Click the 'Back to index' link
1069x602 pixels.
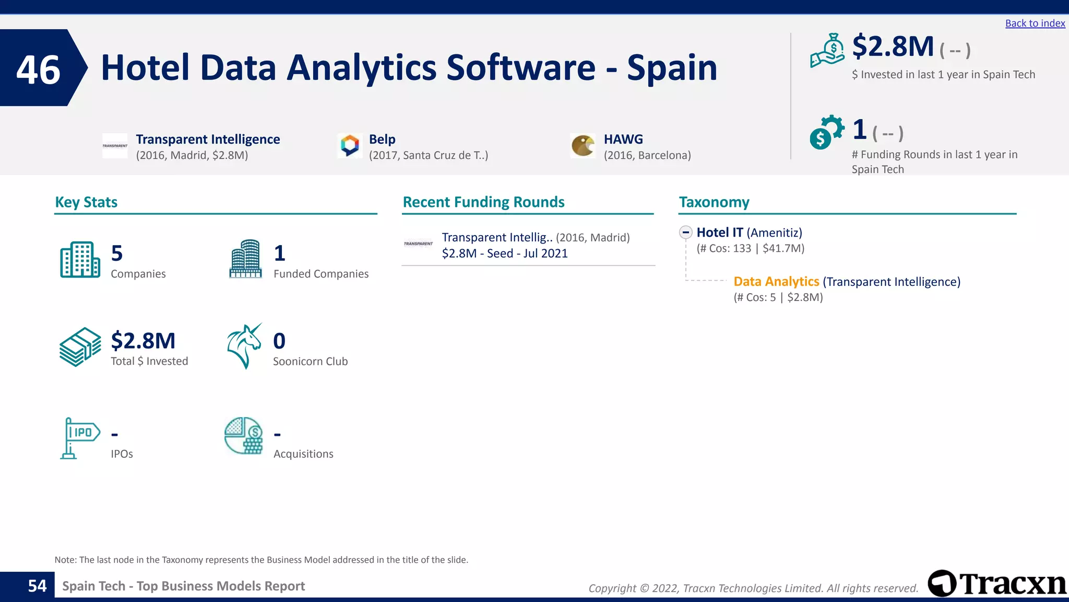click(x=1035, y=24)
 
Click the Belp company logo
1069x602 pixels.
click(x=350, y=145)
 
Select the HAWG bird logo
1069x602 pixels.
click(x=583, y=146)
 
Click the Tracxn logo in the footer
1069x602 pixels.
click(x=997, y=584)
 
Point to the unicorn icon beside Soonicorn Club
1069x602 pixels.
click(x=244, y=346)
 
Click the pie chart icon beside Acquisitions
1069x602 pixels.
click(x=244, y=436)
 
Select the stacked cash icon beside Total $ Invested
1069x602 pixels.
click(x=80, y=347)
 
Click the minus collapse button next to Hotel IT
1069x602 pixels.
click(x=686, y=233)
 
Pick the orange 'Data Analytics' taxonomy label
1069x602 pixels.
click(x=776, y=282)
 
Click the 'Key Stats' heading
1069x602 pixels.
click(x=86, y=202)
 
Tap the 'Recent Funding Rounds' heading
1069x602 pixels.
click(x=483, y=202)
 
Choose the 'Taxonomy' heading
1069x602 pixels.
click(x=714, y=202)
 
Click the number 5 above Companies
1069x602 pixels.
click(x=117, y=253)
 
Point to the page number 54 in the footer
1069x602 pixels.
click(x=37, y=586)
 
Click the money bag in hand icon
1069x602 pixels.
click(x=827, y=51)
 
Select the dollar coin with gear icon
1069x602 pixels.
click(x=826, y=132)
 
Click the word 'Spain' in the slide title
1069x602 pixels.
click(x=672, y=68)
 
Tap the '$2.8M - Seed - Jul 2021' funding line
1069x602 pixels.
click(x=504, y=253)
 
